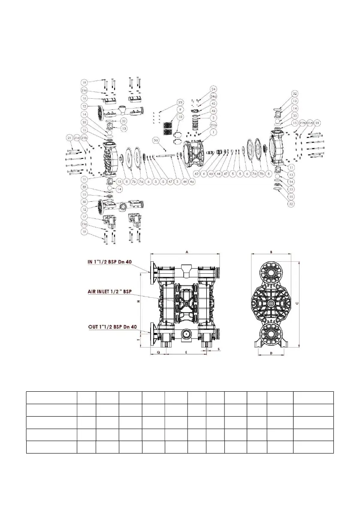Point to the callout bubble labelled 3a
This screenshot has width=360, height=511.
[157, 140]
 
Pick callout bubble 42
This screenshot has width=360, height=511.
[196, 174]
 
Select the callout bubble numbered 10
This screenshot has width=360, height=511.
[180, 116]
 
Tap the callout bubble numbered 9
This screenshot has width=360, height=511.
[180, 109]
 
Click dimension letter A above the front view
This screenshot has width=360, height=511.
[187, 253]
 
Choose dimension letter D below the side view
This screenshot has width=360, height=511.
[272, 353]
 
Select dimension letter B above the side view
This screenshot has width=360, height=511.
[272, 253]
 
